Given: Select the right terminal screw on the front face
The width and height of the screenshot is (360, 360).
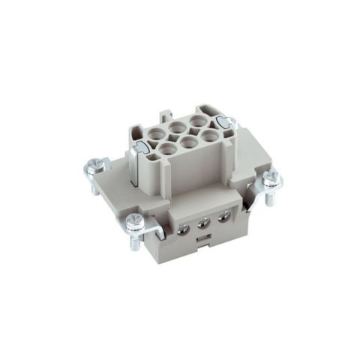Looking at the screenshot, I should pyautogui.click(x=223, y=217).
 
